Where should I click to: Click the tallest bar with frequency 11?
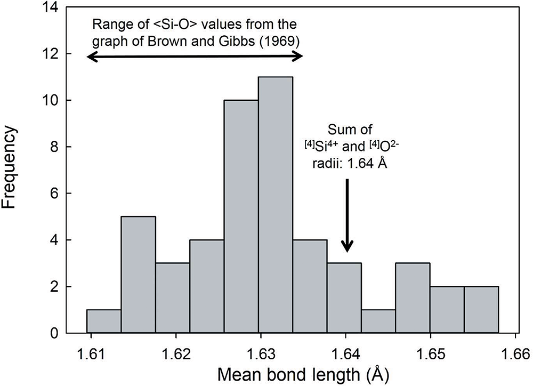pos(276,205)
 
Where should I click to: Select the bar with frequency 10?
pos(241,216)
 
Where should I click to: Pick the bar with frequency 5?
pos(139,275)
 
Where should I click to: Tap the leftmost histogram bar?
pos(104,321)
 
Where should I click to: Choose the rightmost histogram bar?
pos(481,310)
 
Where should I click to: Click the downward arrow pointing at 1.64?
pos(347,215)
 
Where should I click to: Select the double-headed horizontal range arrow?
pos(195,58)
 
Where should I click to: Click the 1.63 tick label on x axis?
pos(261,354)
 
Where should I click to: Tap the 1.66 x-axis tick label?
pos(515,354)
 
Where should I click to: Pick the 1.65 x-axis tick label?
pos(431,354)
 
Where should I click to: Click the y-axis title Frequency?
pos(9,167)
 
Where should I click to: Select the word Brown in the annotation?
pos(159,41)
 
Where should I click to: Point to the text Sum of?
pos(350,130)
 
